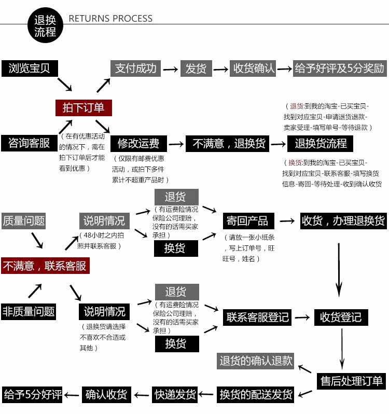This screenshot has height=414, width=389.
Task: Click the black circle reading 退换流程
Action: point(45,25)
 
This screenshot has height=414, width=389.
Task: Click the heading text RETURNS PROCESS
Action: point(110,19)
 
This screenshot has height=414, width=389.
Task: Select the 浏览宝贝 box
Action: point(30,68)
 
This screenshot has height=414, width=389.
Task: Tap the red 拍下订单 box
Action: point(84,107)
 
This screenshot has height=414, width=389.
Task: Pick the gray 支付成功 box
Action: point(136,68)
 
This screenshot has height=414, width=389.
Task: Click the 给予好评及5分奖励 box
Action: point(340,68)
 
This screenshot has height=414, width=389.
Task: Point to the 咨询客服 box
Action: point(29,143)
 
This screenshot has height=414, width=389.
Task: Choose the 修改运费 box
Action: point(138,143)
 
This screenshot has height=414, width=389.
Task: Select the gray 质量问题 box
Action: point(24,220)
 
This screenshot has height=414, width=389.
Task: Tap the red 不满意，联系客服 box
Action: point(45,266)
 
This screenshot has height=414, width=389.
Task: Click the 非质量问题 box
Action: point(29,311)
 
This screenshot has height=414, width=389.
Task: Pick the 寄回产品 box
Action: point(247,220)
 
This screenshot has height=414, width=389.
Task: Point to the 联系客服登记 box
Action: point(258,316)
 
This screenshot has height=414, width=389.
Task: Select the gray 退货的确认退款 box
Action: point(256,361)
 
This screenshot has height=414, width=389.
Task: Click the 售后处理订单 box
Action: point(351,381)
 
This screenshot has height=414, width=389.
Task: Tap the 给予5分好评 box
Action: point(33,394)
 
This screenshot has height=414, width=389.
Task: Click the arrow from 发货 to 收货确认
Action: point(221,68)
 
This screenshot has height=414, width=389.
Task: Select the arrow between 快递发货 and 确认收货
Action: point(142,395)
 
